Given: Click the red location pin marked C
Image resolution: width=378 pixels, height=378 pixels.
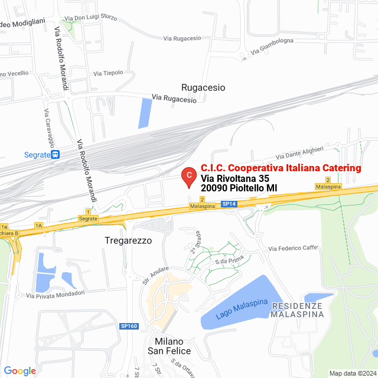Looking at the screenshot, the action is (x=188, y=176).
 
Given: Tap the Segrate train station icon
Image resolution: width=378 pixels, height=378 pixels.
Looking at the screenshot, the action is (x=56, y=155).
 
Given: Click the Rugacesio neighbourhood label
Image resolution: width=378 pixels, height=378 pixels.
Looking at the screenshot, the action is (x=203, y=87).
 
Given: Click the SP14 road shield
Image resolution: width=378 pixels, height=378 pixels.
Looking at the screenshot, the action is (x=229, y=204).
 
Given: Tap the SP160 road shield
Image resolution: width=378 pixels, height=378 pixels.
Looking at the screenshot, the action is (x=128, y=326).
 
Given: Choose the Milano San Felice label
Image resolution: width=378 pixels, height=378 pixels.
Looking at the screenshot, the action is (x=172, y=347).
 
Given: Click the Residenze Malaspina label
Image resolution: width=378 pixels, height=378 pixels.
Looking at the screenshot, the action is (x=297, y=310).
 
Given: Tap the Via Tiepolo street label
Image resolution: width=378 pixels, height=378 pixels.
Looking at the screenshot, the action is (x=108, y=73).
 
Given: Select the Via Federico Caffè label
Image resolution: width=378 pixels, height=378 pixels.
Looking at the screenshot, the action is (x=294, y=248).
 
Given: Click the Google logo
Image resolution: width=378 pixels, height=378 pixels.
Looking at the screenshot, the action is (x=19, y=370).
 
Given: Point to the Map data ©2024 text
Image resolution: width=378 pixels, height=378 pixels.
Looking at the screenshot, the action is (x=352, y=373).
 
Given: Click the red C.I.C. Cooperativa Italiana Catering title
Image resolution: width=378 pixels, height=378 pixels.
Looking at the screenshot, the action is (x=281, y=168).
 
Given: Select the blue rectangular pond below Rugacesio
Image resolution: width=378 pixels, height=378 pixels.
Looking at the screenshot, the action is (x=145, y=113).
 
